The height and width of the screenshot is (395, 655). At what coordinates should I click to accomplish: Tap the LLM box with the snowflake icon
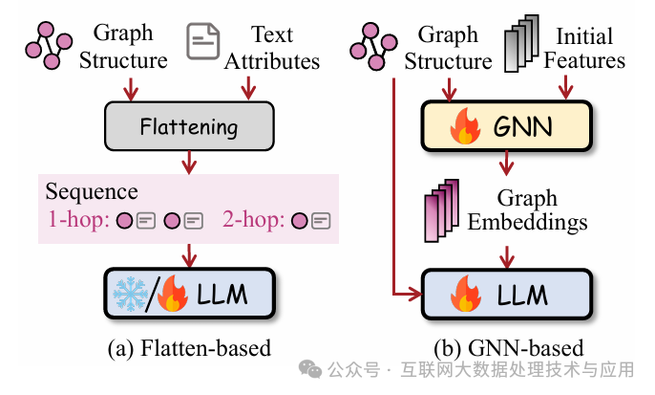pyautogui.click(x=187, y=294)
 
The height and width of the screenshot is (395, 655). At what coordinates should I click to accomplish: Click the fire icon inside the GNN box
pyautogui.click(x=467, y=126)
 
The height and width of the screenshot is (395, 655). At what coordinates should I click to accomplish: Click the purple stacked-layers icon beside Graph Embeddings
pyautogui.click(x=439, y=212)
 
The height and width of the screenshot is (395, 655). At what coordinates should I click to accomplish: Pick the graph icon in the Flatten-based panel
pyautogui.click(x=48, y=43)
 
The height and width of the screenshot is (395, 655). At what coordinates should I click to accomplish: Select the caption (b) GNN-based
pyautogui.click(x=508, y=348)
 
